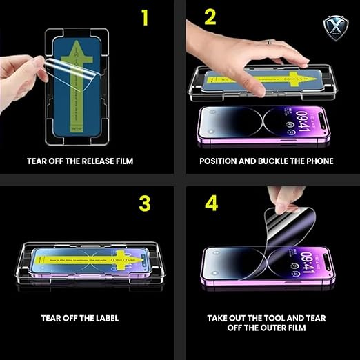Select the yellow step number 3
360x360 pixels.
[x=145, y=203]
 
